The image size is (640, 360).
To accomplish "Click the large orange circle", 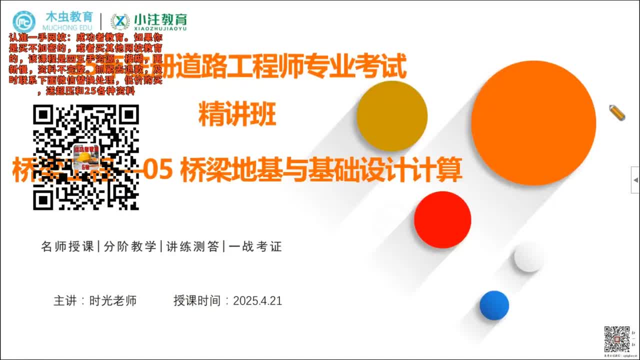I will pos(533,122).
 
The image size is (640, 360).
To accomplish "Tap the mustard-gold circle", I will pos(392,116).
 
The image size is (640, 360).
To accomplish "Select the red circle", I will pos(442,219).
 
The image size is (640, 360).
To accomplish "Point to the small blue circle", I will pos(494,305).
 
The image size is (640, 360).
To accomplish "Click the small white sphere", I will pos(528,257).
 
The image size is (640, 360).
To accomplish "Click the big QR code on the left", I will pos(86,157).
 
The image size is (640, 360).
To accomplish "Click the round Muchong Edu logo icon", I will pos(24,21).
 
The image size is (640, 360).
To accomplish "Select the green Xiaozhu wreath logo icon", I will pos(120,21).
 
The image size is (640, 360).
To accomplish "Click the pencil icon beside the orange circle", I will pos(617,112).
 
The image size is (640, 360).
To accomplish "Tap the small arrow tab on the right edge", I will pos(635,179).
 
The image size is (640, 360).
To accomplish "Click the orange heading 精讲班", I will pos(237,114).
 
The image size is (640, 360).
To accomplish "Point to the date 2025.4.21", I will pos(257,301).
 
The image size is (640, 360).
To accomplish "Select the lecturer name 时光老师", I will pos(113,301).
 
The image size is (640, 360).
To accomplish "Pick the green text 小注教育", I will pos(160,19).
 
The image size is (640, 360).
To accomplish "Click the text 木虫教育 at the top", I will pos(68,16).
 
